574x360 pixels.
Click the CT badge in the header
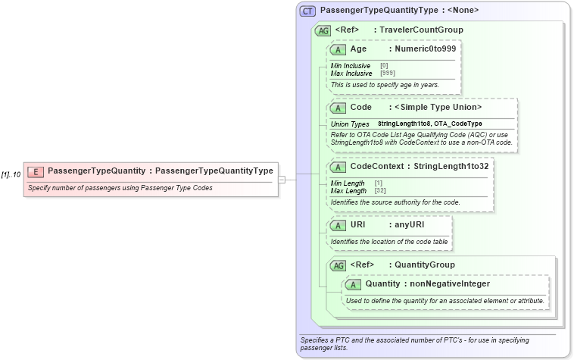click(x=308, y=11)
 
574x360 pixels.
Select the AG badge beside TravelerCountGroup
click(x=323, y=30)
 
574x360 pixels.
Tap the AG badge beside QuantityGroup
click(x=338, y=265)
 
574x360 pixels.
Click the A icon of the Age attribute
click(x=338, y=49)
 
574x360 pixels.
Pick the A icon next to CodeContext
click(x=338, y=166)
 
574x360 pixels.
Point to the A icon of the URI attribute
click(x=338, y=225)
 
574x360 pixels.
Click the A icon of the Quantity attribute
click(x=353, y=284)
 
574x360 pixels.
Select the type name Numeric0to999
click(x=423, y=49)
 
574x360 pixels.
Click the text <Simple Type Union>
click(x=438, y=107)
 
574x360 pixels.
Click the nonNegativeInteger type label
click(x=450, y=284)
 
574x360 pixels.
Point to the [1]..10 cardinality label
click(x=11, y=174)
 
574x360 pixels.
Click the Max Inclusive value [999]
click(x=387, y=74)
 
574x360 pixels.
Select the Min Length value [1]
click(x=379, y=183)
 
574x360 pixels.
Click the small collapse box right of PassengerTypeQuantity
click(x=282, y=180)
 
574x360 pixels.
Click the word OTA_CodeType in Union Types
click(x=458, y=124)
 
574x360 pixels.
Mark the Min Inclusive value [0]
click(x=384, y=66)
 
